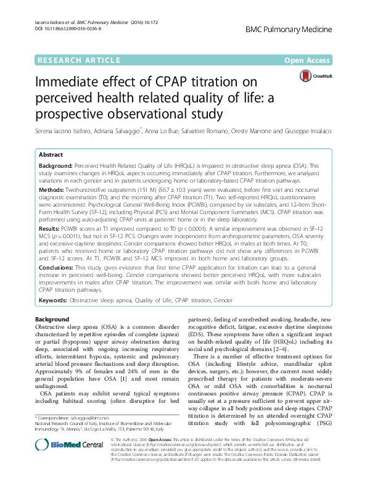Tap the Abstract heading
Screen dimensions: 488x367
coord(51,155)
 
